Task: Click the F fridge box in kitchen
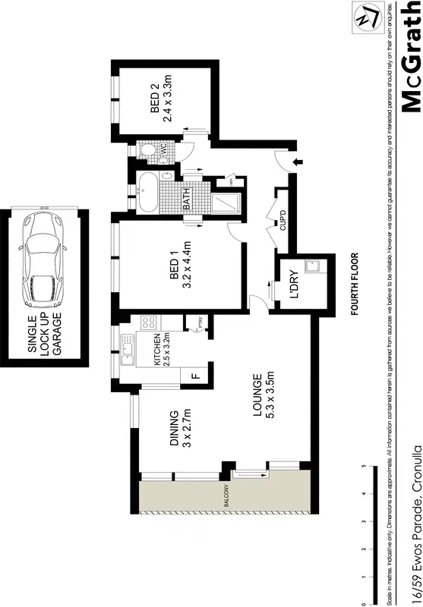coord(194,375)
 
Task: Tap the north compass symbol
coord(365,17)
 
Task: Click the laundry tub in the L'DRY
coord(310,267)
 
